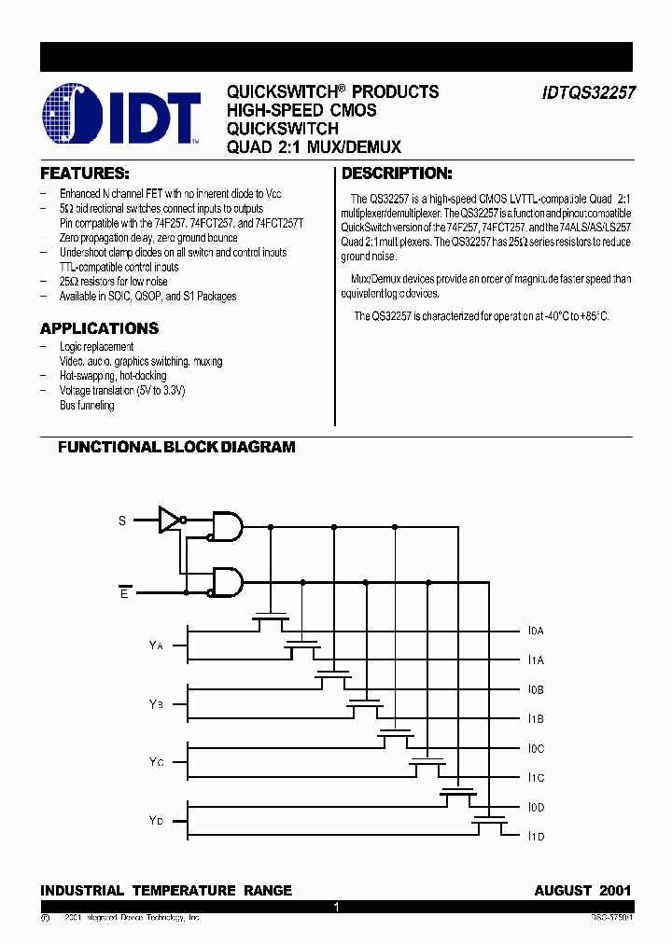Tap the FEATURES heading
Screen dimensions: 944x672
click(84, 174)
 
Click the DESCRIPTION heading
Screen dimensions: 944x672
click(397, 174)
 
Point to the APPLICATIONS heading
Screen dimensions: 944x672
click(99, 328)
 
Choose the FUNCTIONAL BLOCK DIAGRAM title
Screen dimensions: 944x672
click(176, 447)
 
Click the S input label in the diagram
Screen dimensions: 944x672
click(122, 521)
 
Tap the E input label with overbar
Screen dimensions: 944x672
click(124, 592)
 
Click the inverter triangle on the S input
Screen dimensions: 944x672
click(170, 520)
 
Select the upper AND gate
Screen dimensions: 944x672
click(228, 526)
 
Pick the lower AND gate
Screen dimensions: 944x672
click(228, 583)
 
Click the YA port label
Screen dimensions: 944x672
click(156, 646)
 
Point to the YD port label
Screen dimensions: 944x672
click(156, 821)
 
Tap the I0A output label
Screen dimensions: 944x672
click(536, 632)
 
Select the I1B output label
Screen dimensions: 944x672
click(536, 719)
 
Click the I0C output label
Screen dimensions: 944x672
click(536, 749)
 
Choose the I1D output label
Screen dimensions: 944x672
click(536, 837)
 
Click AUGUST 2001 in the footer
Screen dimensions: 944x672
click(582, 891)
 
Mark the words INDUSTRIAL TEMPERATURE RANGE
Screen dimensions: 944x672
click(166, 891)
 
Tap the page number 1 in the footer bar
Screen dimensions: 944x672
click(336, 907)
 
